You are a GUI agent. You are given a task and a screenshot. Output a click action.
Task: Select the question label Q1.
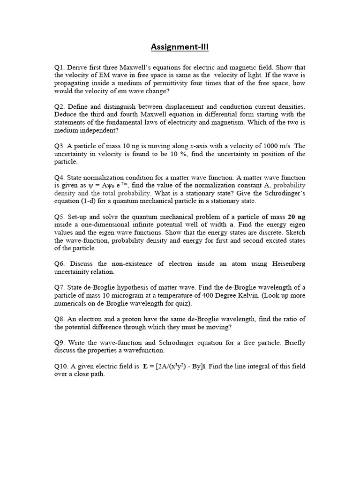pyautogui.click(x=60, y=67)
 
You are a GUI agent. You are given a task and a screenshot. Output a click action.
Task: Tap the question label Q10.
pyautogui.click(x=62, y=366)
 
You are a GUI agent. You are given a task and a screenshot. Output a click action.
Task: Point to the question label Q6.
pyautogui.click(x=60, y=264)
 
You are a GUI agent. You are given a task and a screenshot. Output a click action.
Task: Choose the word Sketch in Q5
pyautogui.click(x=294, y=233)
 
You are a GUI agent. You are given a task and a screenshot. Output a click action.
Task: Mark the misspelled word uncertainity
pyautogui.click(x=75, y=272)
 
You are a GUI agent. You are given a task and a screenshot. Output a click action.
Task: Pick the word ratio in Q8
pyautogui.click(x=287, y=319)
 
